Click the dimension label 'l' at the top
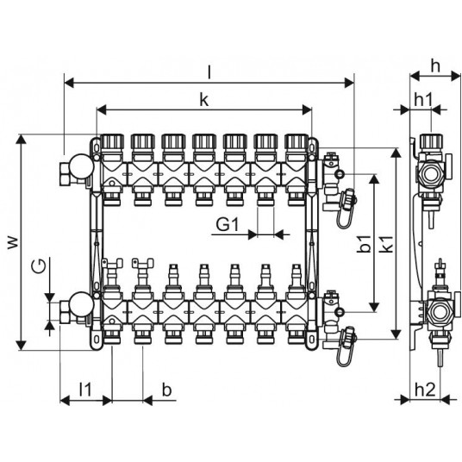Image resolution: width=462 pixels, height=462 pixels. pos(209,72)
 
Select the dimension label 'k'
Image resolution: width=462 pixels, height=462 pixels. pos(204,100)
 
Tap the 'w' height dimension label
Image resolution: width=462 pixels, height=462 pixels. pos(13,242)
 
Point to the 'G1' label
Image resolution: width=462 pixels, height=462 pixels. pos(227,225)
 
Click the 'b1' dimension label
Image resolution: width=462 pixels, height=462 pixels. pos(364,244)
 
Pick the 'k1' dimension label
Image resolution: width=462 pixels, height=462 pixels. pos(386,244)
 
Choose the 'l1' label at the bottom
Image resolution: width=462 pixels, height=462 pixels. pos(85,390)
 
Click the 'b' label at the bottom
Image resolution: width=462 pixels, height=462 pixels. pos(166,390)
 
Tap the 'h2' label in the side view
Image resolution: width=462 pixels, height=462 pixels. pos(425,390)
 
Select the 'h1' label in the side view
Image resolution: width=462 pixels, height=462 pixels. pos(423,100)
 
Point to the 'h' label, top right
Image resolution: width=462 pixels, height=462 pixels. pos(435,66)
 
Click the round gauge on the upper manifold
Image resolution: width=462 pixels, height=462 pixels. pos(82,166)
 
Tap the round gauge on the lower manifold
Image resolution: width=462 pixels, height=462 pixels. pos(82,304)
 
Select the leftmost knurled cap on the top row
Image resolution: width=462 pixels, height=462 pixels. pos(112,141)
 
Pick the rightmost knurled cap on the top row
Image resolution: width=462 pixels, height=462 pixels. pos(297,141)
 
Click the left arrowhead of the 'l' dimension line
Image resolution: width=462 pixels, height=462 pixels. pos(69,83)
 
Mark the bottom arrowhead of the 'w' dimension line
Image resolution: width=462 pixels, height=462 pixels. pos(21,346)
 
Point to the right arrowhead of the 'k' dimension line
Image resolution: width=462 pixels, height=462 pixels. pos(308,110)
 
